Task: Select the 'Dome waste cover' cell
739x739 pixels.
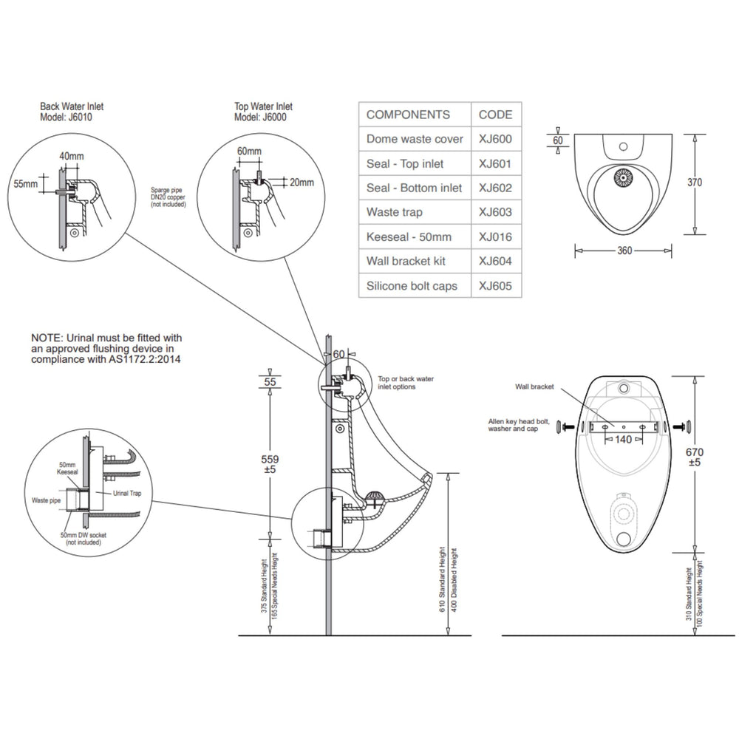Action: pos(415,139)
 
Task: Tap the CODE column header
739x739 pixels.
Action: pos(495,115)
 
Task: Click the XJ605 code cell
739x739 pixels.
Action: pos(495,286)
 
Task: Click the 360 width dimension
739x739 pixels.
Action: pos(624,251)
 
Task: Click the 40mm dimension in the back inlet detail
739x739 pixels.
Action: pos(71,156)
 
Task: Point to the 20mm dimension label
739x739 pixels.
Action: pos(302,182)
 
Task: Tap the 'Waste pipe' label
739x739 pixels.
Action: pos(46,500)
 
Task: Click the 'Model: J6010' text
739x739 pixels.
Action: pos(66,117)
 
